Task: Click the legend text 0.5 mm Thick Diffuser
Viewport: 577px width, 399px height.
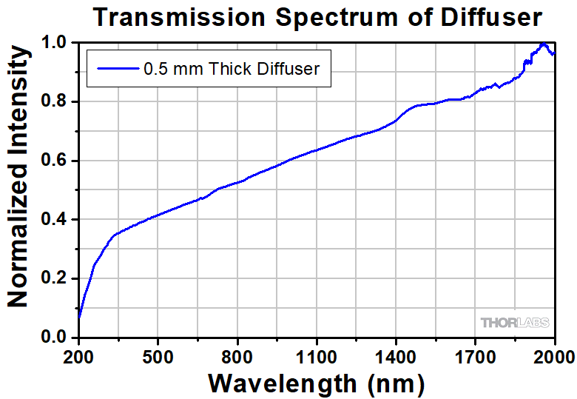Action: [x=232, y=70]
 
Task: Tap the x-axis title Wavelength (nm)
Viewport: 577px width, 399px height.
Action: [x=316, y=383]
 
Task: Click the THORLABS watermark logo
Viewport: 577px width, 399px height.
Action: [x=515, y=323]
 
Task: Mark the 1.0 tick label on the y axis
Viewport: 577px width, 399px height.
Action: [x=58, y=43]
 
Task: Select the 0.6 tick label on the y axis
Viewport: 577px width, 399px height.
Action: [x=58, y=161]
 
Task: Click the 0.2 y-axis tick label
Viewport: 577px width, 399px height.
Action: [x=58, y=278]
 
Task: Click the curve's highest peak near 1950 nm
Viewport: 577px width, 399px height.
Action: [x=544, y=44]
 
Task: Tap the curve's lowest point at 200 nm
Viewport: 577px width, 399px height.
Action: [x=79, y=318]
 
